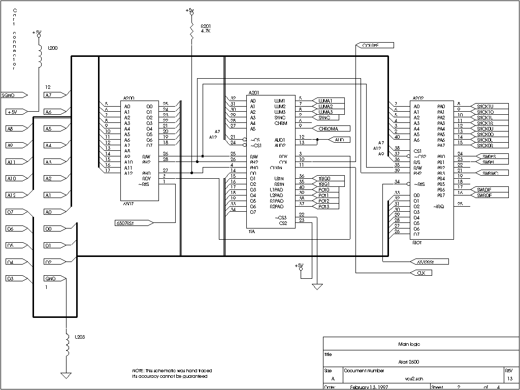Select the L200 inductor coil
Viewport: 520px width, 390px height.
coord(40,57)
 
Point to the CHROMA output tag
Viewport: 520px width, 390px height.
coord(332,128)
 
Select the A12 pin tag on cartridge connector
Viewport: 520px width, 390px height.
coord(15,195)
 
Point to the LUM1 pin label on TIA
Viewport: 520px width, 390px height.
coord(279,101)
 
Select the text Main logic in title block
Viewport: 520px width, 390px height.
coord(409,344)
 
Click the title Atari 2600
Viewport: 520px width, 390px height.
coord(409,362)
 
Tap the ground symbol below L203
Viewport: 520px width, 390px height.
coord(66,375)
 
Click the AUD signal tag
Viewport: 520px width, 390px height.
coord(339,139)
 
